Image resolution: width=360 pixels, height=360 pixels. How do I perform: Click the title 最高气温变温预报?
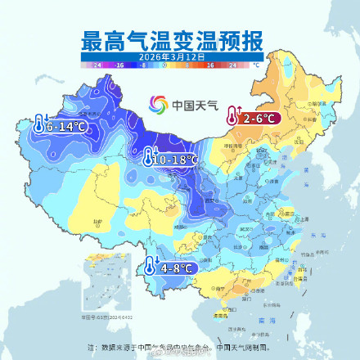(x=179, y=40)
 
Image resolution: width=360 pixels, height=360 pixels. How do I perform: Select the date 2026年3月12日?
(x=179, y=55)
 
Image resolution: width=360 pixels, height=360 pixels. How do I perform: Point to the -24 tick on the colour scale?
(x=97, y=63)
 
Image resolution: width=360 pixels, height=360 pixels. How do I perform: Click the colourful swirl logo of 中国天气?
(x=158, y=105)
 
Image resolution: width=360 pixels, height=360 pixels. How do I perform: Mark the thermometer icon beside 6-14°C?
(x=39, y=126)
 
